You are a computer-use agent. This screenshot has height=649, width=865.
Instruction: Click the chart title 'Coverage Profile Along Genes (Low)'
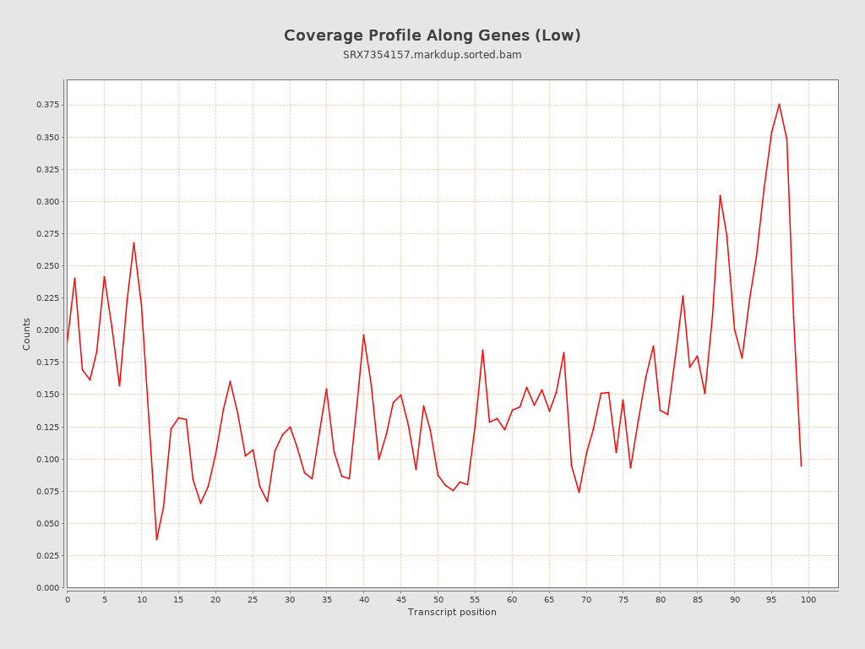(432, 35)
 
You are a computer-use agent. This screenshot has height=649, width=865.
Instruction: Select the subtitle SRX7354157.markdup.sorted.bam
(432, 55)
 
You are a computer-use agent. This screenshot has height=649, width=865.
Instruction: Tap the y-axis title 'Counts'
(27, 334)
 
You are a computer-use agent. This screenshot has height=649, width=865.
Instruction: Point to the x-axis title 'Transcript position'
(452, 612)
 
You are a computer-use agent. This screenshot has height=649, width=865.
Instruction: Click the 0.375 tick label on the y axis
(47, 105)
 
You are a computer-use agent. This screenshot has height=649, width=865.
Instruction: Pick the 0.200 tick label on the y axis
(47, 330)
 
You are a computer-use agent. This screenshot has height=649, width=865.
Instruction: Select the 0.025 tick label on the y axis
(47, 555)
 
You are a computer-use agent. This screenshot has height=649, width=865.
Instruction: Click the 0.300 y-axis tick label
(47, 201)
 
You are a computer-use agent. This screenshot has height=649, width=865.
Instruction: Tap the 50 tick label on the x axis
(438, 599)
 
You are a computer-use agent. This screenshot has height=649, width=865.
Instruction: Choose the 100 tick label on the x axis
(808, 599)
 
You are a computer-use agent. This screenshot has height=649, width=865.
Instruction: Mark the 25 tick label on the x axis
(253, 599)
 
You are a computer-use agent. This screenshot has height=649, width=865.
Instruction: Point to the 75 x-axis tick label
(623, 599)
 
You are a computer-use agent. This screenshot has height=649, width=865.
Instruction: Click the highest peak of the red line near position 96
(779, 104)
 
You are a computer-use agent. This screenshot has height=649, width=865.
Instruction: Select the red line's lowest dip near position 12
(156, 540)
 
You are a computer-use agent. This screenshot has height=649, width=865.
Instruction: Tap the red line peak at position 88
(720, 195)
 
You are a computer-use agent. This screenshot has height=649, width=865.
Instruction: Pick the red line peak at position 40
(364, 335)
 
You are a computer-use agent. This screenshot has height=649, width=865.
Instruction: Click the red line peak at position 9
(133, 243)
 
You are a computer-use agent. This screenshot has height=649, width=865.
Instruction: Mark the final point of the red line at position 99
(801, 466)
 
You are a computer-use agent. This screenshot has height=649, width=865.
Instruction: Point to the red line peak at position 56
(482, 350)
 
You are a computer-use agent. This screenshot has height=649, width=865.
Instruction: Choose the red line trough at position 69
(579, 492)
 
